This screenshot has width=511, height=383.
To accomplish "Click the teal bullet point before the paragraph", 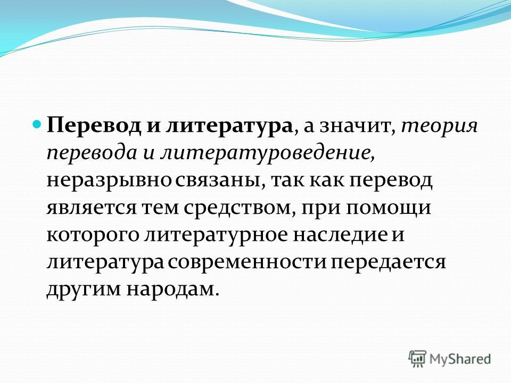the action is tap(37, 124).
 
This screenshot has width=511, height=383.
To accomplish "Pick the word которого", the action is tap(93, 235).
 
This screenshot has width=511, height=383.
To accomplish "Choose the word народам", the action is tap(171, 288).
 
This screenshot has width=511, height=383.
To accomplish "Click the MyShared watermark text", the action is tap(460, 359).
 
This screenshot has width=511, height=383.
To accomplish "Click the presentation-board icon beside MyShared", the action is tap(417, 359).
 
